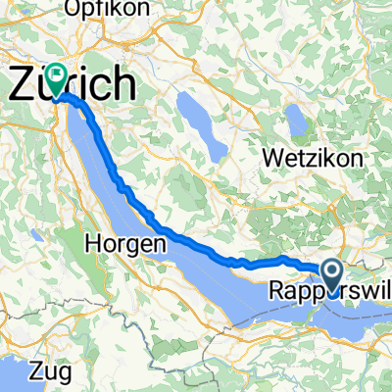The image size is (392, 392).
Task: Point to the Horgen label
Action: (122, 242)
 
